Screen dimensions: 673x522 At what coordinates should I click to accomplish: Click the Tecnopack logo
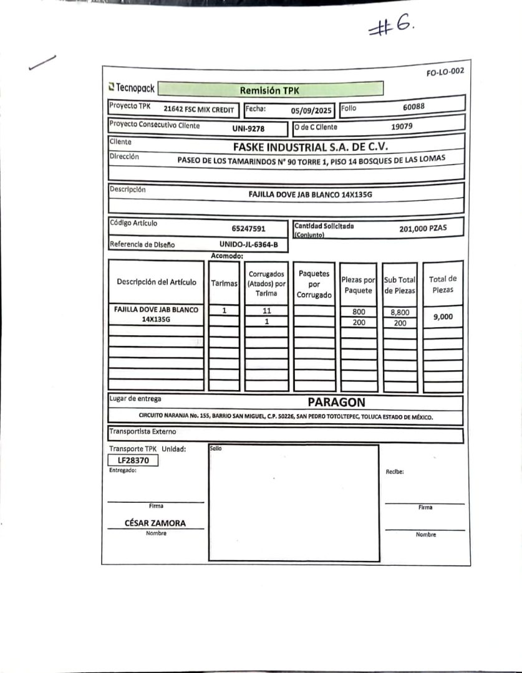[132, 88]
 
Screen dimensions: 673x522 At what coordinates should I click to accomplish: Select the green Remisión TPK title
[269, 90]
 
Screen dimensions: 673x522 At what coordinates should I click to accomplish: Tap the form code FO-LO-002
[445, 72]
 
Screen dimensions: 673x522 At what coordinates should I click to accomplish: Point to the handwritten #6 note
[390, 27]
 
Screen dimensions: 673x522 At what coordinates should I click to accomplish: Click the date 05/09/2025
[312, 111]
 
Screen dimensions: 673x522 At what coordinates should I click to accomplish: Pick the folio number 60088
[413, 107]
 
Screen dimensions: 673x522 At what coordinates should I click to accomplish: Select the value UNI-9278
[248, 129]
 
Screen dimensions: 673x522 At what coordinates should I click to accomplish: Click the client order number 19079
[402, 126]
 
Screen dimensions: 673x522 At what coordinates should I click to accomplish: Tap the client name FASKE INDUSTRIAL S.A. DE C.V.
[310, 147]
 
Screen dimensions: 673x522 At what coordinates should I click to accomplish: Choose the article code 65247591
[248, 229]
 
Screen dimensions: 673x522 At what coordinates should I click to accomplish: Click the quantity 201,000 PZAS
[423, 229]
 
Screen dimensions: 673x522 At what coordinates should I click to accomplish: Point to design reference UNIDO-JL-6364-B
[248, 244]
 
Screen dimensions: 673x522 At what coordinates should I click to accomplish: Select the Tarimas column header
[225, 283]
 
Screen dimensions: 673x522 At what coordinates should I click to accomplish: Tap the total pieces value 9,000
[443, 317]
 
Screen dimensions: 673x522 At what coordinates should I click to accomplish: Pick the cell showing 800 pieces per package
[359, 312]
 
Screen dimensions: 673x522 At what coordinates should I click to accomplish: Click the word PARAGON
[336, 402]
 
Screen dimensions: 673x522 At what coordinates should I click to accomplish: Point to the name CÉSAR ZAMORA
[155, 523]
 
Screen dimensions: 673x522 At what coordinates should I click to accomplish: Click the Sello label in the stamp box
[216, 448]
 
